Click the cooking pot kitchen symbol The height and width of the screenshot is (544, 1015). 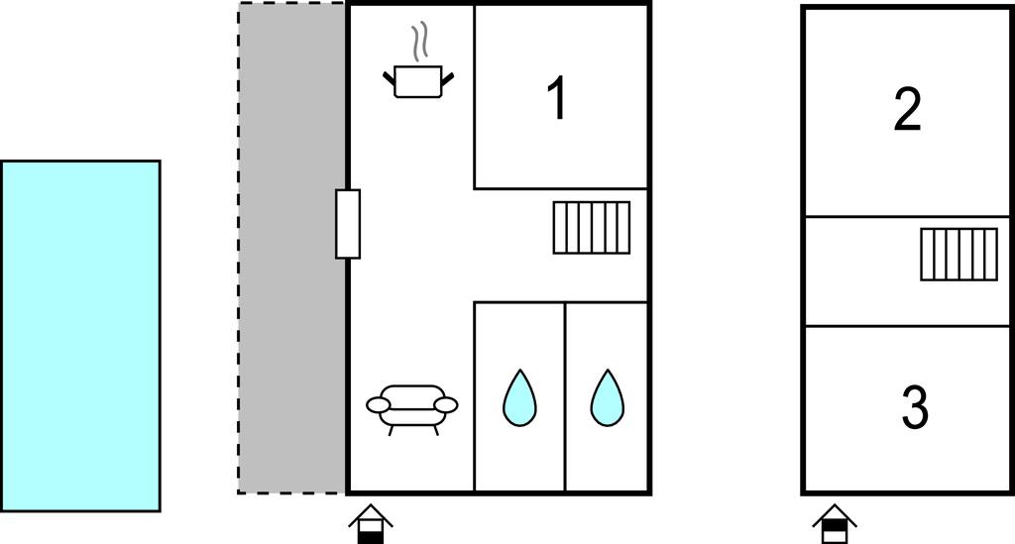pyautogui.click(x=418, y=81)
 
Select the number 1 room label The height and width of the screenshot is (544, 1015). pyautogui.click(x=557, y=98)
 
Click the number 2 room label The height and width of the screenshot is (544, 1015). pyautogui.click(x=907, y=111)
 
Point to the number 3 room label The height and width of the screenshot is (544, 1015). pyautogui.click(x=915, y=407)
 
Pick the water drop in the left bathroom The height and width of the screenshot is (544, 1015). pyautogui.click(x=519, y=397)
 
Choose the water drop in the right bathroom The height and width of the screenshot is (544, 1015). pyautogui.click(x=608, y=397)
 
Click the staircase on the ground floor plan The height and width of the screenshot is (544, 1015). pyautogui.click(x=592, y=228)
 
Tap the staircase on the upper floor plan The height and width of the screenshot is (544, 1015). pyautogui.click(x=959, y=255)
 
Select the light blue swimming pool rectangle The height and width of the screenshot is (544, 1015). pyautogui.click(x=80, y=336)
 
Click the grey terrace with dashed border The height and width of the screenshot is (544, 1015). pyautogui.click(x=291, y=248)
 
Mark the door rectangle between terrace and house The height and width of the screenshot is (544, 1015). pyautogui.click(x=348, y=224)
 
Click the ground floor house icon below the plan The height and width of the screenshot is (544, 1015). pyautogui.click(x=371, y=522)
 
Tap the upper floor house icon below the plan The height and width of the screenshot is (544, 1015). pyautogui.click(x=835, y=522)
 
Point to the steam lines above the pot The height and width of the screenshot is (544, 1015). pyautogui.click(x=420, y=42)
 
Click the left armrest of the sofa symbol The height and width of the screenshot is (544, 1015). pyautogui.click(x=378, y=405)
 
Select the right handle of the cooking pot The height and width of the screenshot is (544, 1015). pyautogui.click(x=447, y=79)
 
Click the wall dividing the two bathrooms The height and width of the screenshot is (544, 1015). pyautogui.click(x=565, y=396)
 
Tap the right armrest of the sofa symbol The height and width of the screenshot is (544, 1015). pyautogui.click(x=446, y=405)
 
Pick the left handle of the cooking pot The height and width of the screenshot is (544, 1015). pyautogui.click(x=389, y=79)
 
